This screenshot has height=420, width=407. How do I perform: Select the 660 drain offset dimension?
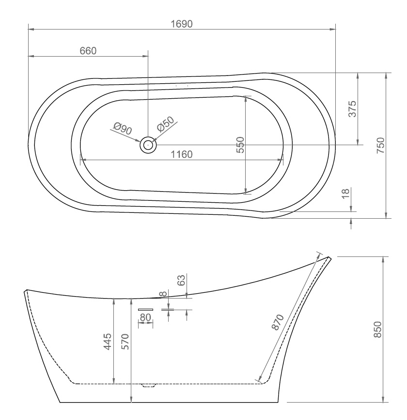point(88,51)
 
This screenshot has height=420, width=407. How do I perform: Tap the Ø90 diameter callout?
point(123,128)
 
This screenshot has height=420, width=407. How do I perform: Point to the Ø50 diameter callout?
point(165,124)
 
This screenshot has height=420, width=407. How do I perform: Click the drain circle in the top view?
point(148,145)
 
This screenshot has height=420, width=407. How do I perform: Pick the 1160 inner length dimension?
point(182,154)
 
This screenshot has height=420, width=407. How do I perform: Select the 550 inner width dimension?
point(240,145)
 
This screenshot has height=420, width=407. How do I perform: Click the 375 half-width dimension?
point(352,109)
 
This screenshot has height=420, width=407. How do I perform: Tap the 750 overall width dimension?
point(381,145)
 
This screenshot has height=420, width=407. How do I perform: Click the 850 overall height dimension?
point(378,330)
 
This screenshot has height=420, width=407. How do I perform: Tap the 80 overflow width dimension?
point(145,317)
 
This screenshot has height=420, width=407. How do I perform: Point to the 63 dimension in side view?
point(181,280)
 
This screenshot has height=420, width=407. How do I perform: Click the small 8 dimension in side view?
point(164,293)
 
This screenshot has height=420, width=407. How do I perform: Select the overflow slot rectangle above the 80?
point(145,309)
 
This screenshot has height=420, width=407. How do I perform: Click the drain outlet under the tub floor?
point(148,386)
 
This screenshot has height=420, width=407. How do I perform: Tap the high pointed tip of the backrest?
point(329,258)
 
